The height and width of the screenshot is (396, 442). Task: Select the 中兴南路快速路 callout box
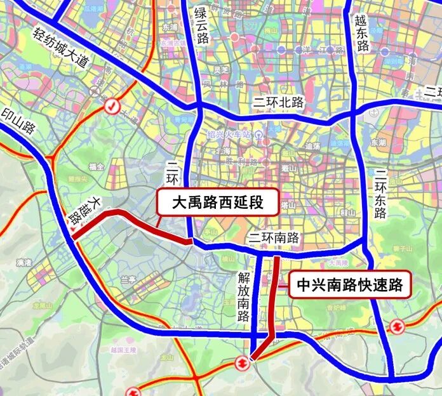point(350,286)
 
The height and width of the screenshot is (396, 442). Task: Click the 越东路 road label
point(363,34)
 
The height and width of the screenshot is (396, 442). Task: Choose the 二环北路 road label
point(278,102)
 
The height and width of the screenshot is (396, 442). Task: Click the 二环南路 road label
point(274,238)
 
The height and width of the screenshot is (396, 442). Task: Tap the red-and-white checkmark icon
point(112,106)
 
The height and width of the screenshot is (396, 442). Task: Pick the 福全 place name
point(97,166)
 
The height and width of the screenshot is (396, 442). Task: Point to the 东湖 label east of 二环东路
point(378,143)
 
